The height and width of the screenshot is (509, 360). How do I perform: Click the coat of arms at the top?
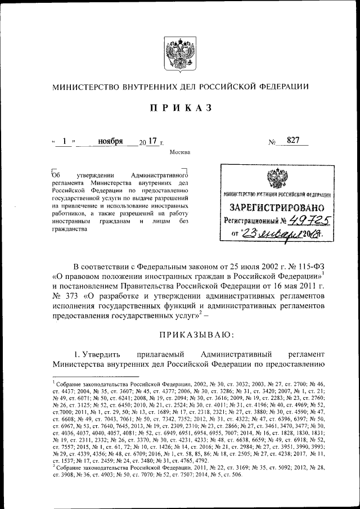(x=180, y=55)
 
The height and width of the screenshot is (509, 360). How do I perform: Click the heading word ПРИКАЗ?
(x=179, y=108)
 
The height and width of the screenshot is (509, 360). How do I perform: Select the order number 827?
(x=292, y=141)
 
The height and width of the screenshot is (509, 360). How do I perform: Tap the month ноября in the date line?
(x=110, y=141)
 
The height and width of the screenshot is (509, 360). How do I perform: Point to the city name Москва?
(x=179, y=152)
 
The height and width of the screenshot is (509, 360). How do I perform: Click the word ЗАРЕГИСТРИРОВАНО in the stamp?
(x=276, y=207)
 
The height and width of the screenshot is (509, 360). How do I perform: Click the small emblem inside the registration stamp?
(x=276, y=178)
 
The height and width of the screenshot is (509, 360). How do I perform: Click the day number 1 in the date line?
(x=65, y=141)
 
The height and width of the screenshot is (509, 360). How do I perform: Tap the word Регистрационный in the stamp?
(x=254, y=220)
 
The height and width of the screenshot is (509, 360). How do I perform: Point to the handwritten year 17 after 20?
(x=150, y=141)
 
